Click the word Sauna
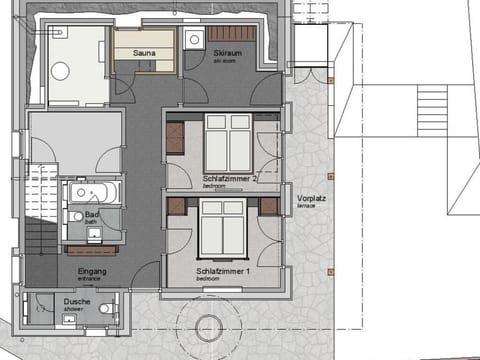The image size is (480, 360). point(137,45)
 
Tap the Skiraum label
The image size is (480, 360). point(224,52)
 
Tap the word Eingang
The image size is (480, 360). point(91,270)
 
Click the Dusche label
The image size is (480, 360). point(77,301)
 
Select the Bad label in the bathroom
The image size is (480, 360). point(91,214)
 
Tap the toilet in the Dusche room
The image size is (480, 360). point(105,309)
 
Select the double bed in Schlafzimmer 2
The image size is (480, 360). point(228,141)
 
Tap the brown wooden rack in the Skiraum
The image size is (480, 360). point(240,33)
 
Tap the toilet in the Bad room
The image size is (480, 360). point(77,216)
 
